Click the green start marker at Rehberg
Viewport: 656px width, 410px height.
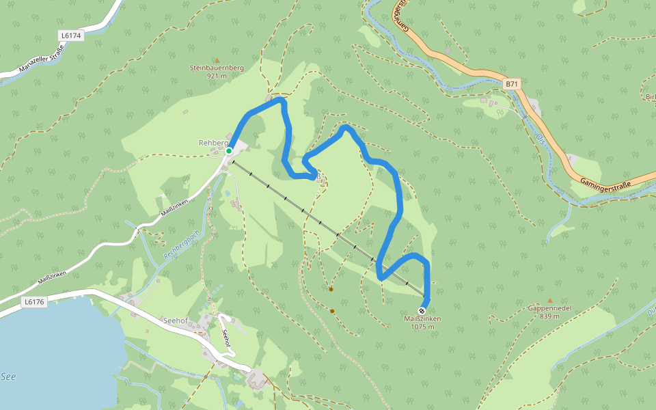229,151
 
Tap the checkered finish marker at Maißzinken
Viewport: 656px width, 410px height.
422,310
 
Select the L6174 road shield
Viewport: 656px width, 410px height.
70,36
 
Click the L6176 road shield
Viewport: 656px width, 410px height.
33,301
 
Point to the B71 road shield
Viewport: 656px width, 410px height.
512,84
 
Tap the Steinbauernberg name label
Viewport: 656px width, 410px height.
217,68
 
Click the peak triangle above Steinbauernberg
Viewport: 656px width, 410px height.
217,60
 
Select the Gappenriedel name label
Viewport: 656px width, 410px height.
549,308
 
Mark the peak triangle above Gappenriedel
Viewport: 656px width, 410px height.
549,300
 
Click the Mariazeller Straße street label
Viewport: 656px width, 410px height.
41,59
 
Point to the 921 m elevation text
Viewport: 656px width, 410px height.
217,76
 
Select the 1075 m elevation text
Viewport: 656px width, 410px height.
422,327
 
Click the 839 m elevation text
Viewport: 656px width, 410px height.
549,316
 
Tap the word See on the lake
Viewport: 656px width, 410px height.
8,377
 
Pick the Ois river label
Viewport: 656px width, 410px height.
540,139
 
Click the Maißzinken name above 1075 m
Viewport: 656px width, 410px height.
422,319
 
